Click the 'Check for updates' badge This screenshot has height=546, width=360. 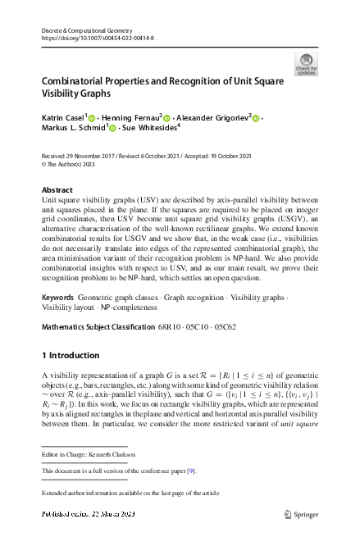(306, 64)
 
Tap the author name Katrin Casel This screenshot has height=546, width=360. (62, 118)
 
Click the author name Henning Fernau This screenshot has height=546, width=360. (131, 118)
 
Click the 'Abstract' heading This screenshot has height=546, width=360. (57, 189)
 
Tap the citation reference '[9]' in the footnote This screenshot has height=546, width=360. (193, 471)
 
